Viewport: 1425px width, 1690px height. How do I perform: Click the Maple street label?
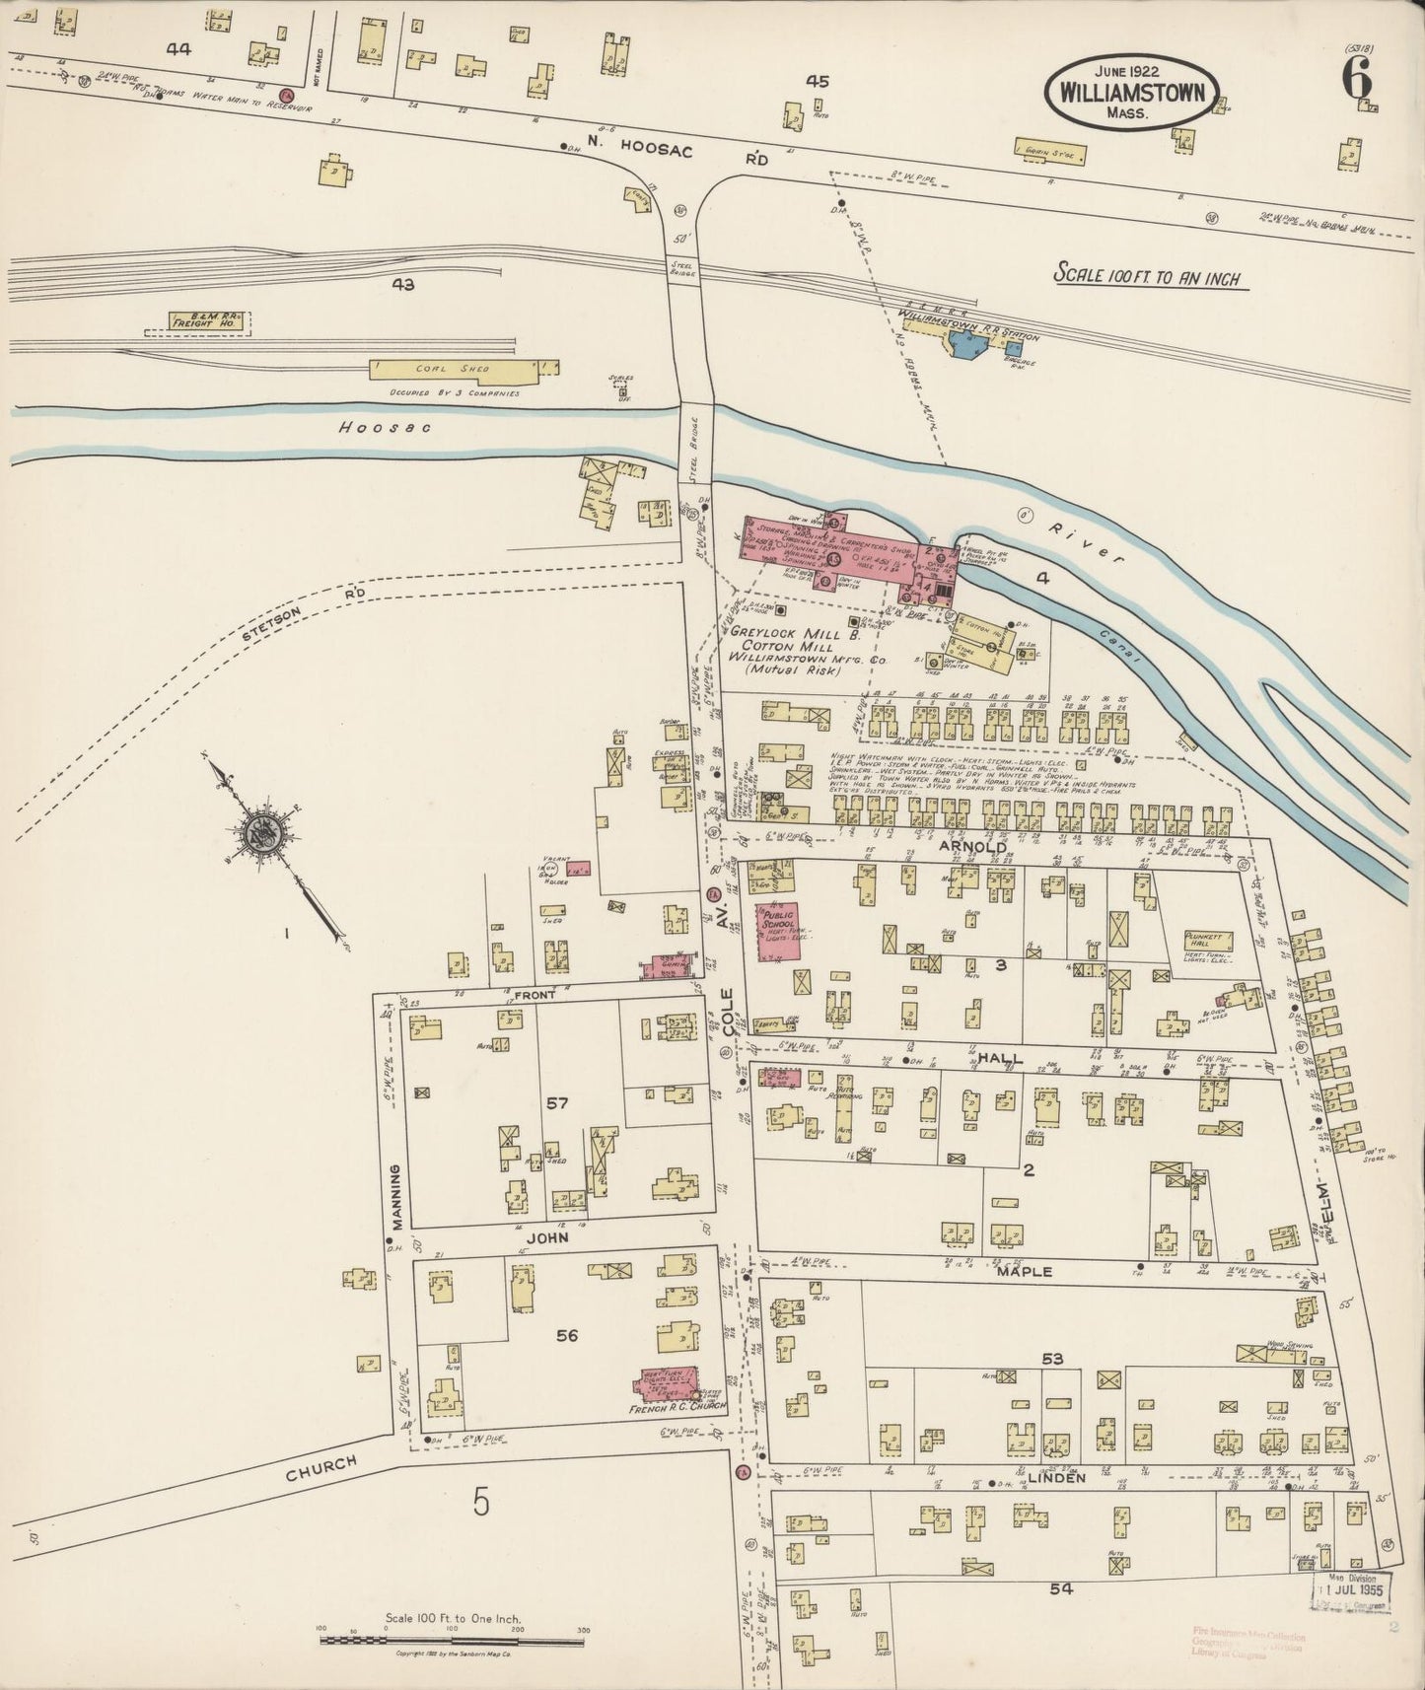[x=1026, y=1272]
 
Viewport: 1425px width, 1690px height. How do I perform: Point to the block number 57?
[x=558, y=1103]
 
